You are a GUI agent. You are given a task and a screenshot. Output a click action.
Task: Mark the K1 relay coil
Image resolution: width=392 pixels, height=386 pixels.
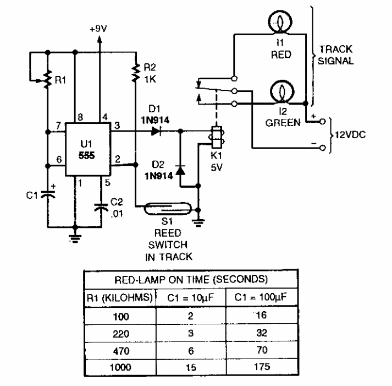(217, 136)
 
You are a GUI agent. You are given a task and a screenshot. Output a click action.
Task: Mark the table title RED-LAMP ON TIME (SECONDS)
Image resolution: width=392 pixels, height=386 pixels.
(190, 278)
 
